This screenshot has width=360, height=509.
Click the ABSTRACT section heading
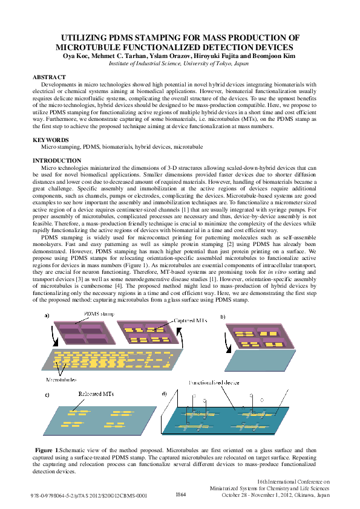point(49,78)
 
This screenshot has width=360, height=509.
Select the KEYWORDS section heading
point(50,140)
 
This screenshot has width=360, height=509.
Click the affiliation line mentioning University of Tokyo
point(178,63)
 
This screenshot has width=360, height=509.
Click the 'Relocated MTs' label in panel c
point(97,394)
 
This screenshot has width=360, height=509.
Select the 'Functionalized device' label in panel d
point(213,383)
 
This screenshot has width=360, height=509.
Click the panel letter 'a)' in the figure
point(47,316)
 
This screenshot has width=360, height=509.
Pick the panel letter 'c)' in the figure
point(47,394)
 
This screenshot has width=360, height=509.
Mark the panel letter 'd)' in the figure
point(165,394)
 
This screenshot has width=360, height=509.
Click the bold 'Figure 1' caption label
point(48,450)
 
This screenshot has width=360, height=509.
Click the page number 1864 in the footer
point(180,494)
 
